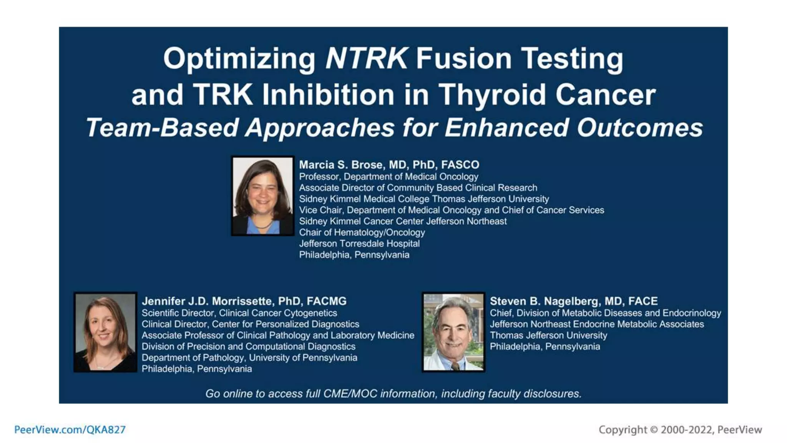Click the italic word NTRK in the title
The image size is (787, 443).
point(366,58)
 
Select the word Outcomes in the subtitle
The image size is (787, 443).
point(640,128)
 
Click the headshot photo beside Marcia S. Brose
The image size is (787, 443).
point(263,196)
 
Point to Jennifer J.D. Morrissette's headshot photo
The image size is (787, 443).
point(105,332)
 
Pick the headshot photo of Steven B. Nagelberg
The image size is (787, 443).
point(453,332)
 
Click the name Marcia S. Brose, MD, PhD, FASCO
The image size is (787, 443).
point(389,165)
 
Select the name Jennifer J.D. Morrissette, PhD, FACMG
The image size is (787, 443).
point(244,301)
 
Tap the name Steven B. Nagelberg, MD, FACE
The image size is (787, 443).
point(574,301)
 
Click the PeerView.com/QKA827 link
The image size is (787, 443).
point(70,430)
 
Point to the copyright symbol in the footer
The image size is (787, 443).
point(654,430)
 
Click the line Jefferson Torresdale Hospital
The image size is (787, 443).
point(359,243)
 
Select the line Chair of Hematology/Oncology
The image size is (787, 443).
point(362,232)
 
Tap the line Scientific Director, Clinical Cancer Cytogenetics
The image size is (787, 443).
point(239,313)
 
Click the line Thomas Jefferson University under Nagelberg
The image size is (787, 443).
point(548,335)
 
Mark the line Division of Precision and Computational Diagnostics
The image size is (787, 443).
point(248,346)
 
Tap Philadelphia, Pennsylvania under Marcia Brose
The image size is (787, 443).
point(354,255)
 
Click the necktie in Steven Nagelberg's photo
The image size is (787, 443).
point(455,365)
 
